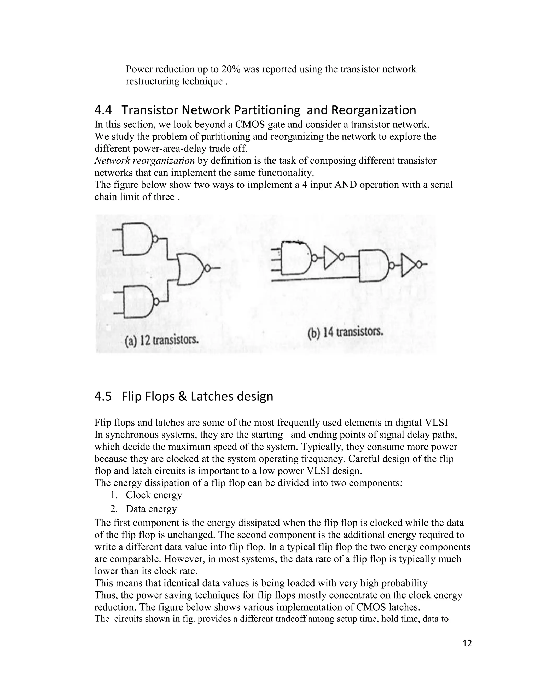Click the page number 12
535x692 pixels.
click(467, 643)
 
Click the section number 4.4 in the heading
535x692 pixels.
click(103, 110)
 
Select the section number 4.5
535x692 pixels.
click(103, 396)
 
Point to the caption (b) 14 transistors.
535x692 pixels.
click(345, 333)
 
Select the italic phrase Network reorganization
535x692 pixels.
click(144, 161)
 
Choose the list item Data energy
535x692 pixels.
click(151, 509)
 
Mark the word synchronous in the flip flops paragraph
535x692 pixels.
click(132, 435)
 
